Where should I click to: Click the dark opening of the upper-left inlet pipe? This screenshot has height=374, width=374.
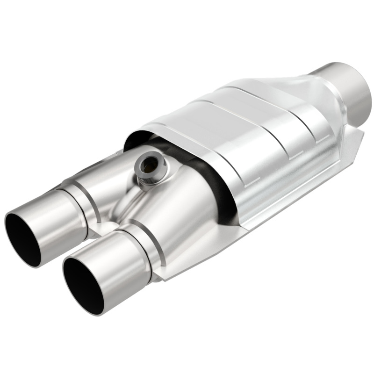click(26, 237)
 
